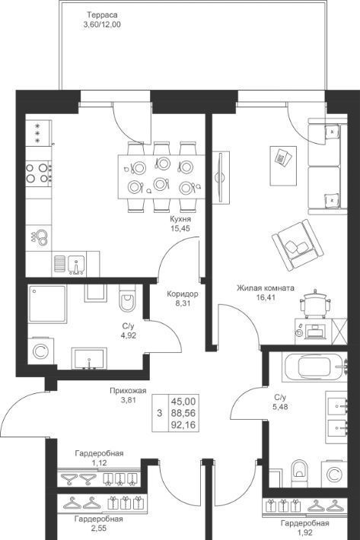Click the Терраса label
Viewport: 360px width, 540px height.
(102, 15)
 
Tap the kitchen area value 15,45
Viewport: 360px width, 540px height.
(180, 227)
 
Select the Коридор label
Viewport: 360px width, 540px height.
(183, 294)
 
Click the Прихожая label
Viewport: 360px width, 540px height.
(128, 391)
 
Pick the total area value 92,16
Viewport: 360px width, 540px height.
(183, 425)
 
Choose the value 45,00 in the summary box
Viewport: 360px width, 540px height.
(183, 402)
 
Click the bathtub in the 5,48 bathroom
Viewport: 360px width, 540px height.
(314, 367)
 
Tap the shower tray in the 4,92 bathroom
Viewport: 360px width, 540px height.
(47, 303)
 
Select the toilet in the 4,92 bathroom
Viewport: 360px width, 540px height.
(127, 298)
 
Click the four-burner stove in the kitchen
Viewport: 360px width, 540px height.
(39, 173)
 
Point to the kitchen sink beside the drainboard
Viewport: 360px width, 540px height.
(76, 265)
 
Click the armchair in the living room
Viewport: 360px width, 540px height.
(298, 244)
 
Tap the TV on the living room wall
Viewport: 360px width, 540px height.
(219, 178)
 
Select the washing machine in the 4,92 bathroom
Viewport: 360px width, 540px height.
(40, 351)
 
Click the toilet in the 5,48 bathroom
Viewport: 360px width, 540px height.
(298, 472)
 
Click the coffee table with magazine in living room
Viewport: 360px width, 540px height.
(283, 166)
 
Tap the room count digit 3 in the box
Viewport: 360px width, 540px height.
(160, 413)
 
